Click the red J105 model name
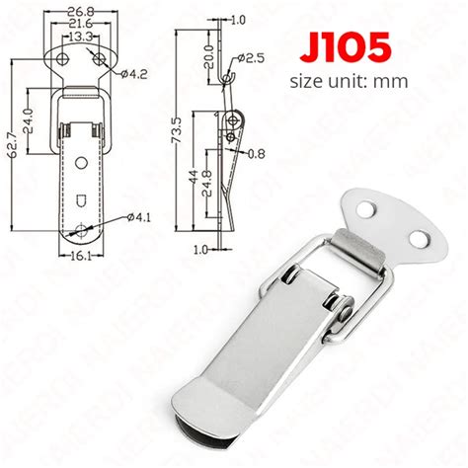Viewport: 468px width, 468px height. pyautogui.click(x=346, y=47)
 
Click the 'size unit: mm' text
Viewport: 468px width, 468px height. pyautogui.click(x=349, y=81)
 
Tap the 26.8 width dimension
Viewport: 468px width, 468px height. pyautogui.click(x=81, y=12)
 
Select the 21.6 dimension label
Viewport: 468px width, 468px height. pyautogui.click(x=81, y=24)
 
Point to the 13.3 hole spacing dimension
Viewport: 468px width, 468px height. pyautogui.click(x=81, y=37)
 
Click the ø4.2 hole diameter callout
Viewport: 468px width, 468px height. pyautogui.click(x=133, y=74)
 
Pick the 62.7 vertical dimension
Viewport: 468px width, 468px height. pyautogui.click(x=17, y=145)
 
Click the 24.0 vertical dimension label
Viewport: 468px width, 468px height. pyautogui.click(x=29, y=120)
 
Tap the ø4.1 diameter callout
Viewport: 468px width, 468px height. pyautogui.click(x=138, y=217)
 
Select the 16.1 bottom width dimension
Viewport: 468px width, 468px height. pyautogui.click(x=81, y=256)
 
